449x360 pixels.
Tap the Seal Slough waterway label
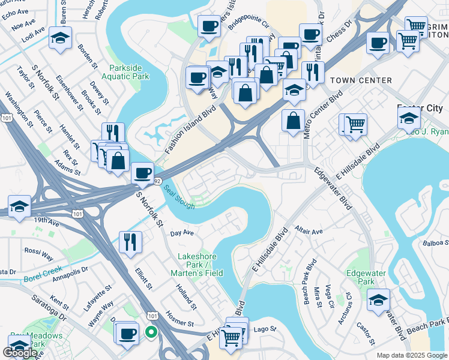click(x=178, y=196)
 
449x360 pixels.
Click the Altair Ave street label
click(x=309, y=231)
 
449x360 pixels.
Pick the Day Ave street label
click(x=182, y=233)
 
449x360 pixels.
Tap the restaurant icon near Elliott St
click(x=130, y=242)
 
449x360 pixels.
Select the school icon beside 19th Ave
click(x=19, y=206)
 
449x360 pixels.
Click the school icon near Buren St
click(x=60, y=38)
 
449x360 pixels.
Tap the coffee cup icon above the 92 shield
click(x=142, y=173)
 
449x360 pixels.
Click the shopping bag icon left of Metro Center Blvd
click(x=292, y=120)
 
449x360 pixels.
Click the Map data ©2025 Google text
click(x=411, y=355)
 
